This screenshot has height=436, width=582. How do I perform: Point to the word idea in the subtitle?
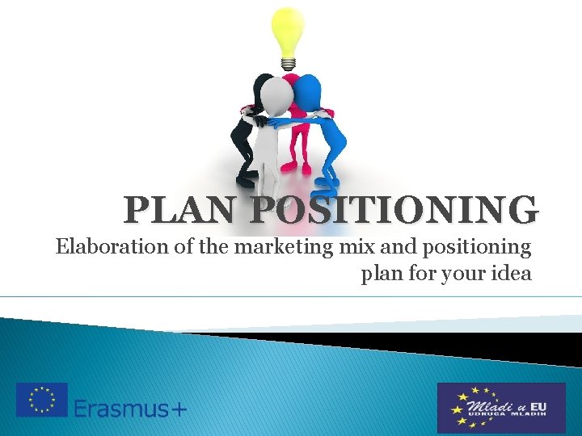[510, 273]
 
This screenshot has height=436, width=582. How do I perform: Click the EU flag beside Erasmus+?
[42, 400]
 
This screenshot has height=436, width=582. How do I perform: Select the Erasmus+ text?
[130, 407]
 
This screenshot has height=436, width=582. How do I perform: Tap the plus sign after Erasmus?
[178, 409]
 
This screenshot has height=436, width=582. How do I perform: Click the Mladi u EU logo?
[501, 407]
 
